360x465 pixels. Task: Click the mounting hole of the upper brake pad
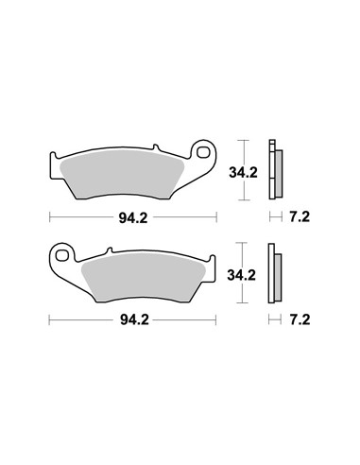click(x=203, y=152)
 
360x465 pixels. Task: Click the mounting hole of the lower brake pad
click(x=62, y=255)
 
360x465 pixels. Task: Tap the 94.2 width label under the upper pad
click(x=133, y=217)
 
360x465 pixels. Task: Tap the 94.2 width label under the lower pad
click(x=134, y=320)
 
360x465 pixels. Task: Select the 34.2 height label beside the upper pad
click(x=243, y=173)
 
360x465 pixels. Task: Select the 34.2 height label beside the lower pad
click(x=242, y=275)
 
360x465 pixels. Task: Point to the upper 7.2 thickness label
click(x=300, y=217)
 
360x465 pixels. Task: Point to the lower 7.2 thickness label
click(x=300, y=320)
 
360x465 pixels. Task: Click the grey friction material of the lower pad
click(x=144, y=277)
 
